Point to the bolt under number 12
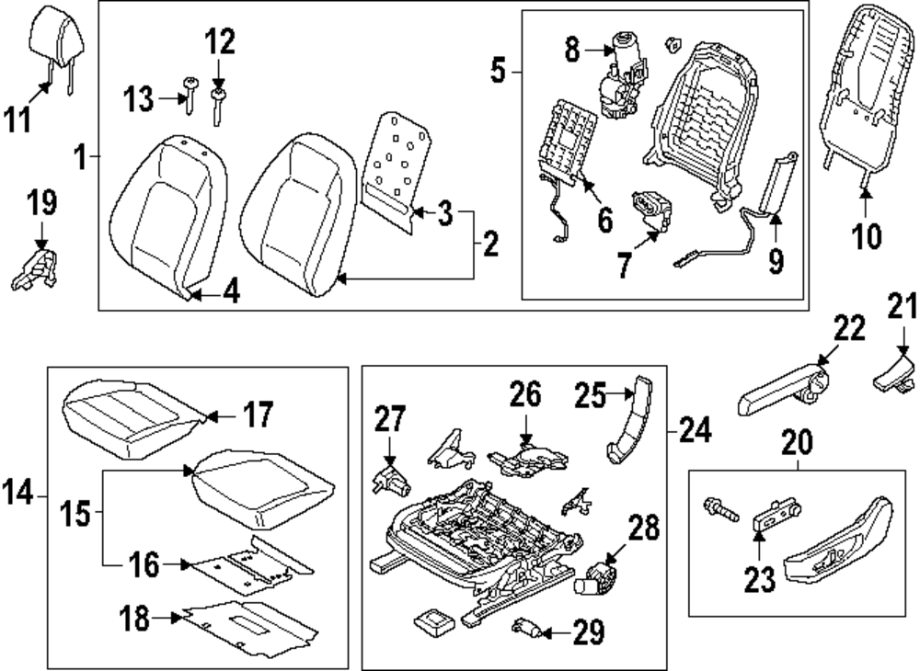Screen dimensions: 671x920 (x=219, y=106)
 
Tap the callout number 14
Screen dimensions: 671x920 (x=19, y=495)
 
